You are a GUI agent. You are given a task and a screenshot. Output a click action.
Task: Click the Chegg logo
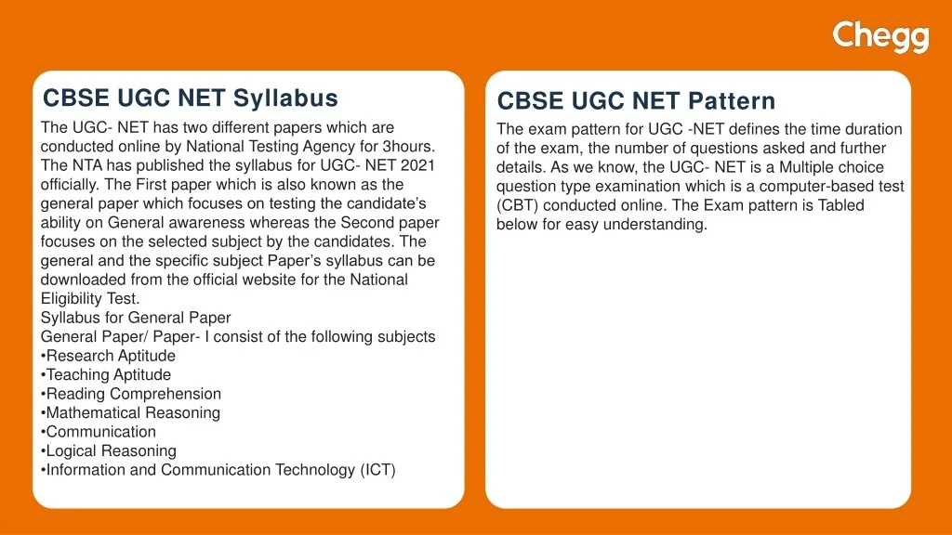tap(880, 36)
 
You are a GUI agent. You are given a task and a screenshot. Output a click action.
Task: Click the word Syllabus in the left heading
tap(285, 98)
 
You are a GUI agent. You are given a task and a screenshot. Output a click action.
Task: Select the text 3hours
tap(409, 146)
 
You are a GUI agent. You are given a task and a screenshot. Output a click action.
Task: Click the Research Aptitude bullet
tap(108, 356)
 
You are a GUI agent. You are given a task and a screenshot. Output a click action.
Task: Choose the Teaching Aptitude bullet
tap(106, 375)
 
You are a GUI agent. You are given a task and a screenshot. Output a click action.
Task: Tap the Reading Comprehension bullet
tap(131, 394)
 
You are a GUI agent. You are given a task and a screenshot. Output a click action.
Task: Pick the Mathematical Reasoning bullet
tap(130, 413)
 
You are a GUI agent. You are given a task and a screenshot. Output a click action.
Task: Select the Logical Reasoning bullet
tap(109, 451)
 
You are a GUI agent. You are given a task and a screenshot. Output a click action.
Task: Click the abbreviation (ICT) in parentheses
tap(378, 470)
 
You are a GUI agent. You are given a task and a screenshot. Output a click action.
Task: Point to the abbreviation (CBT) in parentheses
tap(517, 205)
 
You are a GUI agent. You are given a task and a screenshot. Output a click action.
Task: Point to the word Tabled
tap(840, 205)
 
